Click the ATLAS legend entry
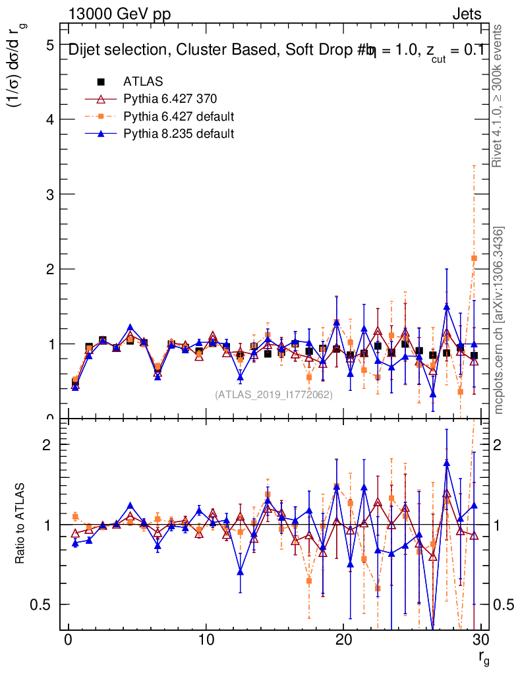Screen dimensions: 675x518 coord(143,82)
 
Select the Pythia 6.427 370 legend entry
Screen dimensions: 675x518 coord(170,99)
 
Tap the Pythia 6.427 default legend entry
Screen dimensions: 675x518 coord(179,116)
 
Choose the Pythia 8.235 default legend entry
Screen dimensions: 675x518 coord(179,133)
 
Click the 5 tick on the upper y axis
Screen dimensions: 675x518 coord(49,45)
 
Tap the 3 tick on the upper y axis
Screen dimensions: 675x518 coord(49,194)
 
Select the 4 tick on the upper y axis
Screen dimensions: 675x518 coord(49,119)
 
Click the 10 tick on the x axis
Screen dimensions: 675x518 coord(206,641)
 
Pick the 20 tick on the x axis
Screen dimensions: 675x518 coord(344,641)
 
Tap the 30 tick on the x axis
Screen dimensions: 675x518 coord(481,641)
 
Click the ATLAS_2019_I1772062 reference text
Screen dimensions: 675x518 coord(273,394)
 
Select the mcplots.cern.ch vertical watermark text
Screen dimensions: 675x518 coord(499,320)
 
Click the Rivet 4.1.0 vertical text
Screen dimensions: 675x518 coord(499,96)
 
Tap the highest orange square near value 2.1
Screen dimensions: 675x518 coord(474,258)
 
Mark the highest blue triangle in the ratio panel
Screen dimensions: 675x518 coord(447,463)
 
